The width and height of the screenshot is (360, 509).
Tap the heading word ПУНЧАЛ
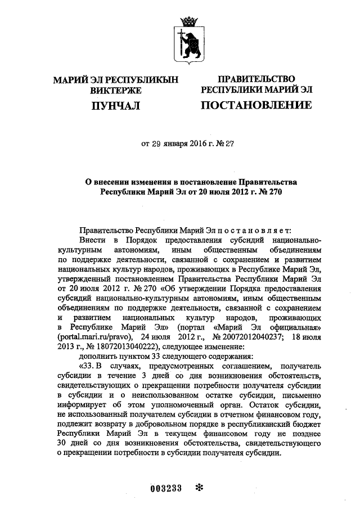click(115, 105)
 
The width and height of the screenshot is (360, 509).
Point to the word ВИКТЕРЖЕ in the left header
click(115, 90)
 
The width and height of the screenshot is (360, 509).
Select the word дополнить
click(97, 355)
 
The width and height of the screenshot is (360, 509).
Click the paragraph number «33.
click(88, 366)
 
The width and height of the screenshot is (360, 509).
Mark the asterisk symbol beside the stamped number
click(197, 488)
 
